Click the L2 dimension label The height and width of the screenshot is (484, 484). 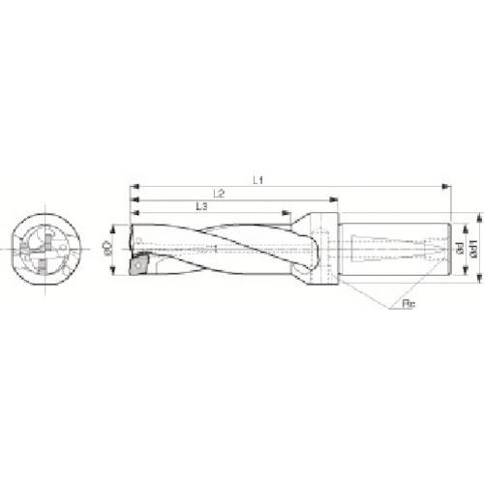coord(220,193)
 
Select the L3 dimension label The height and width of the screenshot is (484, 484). coord(200,206)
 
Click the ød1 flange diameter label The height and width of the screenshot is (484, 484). coord(472,249)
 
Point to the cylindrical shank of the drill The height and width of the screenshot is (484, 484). coord(397,249)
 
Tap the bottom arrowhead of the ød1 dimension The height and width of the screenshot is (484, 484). coord(477,283)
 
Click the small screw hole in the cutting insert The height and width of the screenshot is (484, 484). coord(140,266)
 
